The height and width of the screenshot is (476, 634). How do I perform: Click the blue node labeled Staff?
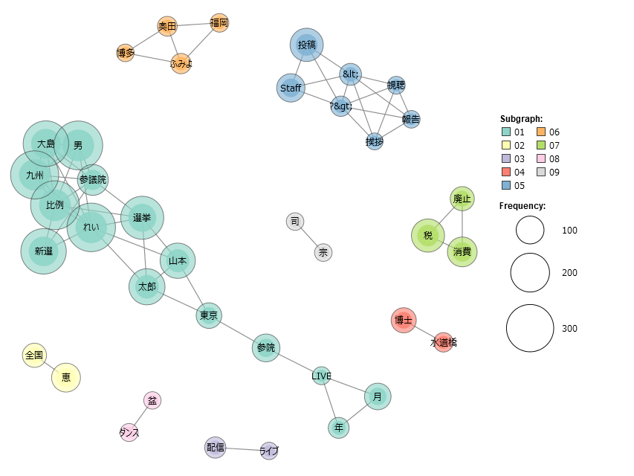[x=291, y=88]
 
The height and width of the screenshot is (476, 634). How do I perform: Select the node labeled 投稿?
[x=306, y=45]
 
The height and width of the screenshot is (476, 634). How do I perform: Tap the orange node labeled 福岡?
[x=219, y=22]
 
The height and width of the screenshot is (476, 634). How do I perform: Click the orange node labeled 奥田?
[x=167, y=26]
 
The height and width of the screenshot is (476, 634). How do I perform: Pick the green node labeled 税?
[x=428, y=235]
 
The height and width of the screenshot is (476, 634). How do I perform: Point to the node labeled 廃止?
[x=462, y=199]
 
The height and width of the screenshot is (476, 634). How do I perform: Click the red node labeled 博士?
[x=404, y=320]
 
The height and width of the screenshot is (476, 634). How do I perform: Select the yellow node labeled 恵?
[x=66, y=378]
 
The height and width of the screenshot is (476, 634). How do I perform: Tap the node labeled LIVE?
[x=321, y=376]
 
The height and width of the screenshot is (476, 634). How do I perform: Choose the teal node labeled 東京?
[x=209, y=315]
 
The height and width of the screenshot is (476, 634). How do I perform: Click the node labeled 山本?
[x=178, y=260]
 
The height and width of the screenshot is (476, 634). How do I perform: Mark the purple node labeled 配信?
[x=215, y=447]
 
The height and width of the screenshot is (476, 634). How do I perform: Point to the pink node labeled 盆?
[x=152, y=400]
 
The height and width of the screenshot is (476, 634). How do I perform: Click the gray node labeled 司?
[x=295, y=222]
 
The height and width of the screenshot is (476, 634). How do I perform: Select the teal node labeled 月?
[x=378, y=396]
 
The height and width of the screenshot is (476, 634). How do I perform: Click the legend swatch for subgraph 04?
[x=506, y=172]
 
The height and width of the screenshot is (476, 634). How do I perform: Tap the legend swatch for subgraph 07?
[x=541, y=145]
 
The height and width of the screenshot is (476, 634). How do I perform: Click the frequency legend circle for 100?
[x=530, y=230]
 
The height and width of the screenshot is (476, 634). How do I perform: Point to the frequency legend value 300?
[x=569, y=328]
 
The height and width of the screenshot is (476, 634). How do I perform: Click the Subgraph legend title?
[x=521, y=118]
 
